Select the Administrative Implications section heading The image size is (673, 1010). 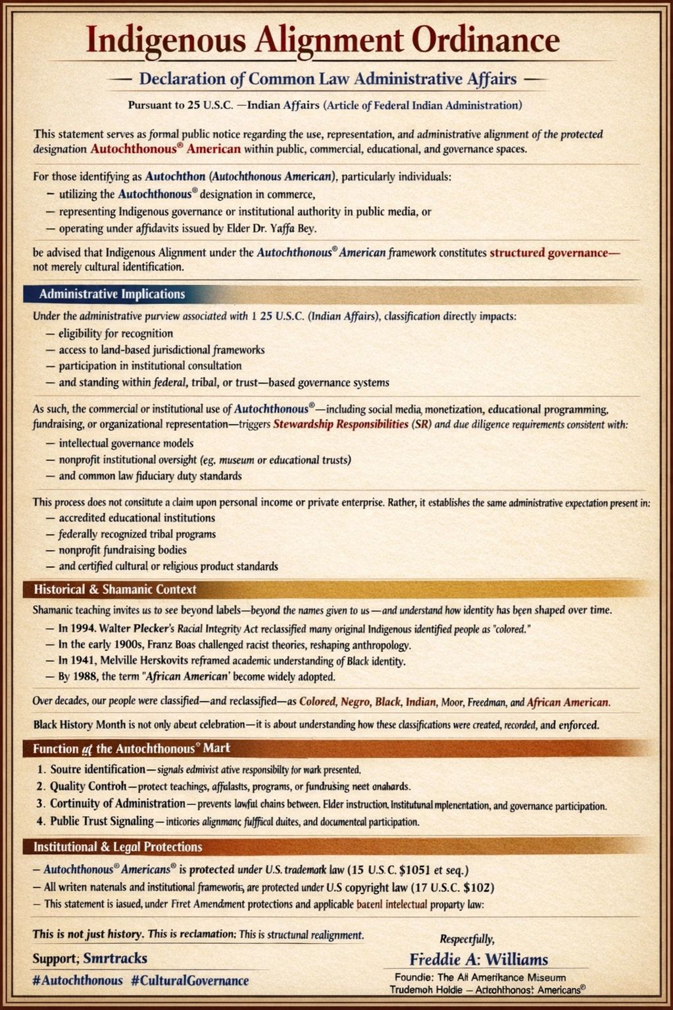(x=112, y=294)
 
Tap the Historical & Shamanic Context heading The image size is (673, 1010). (x=115, y=589)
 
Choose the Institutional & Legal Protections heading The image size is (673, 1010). (x=118, y=847)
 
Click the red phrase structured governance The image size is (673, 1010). (x=555, y=253)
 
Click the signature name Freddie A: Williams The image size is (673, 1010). (x=478, y=959)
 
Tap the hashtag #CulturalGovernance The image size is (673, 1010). (x=189, y=980)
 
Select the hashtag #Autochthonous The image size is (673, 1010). (x=78, y=980)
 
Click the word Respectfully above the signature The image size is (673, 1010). (x=466, y=939)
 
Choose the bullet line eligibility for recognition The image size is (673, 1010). (x=116, y=334)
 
